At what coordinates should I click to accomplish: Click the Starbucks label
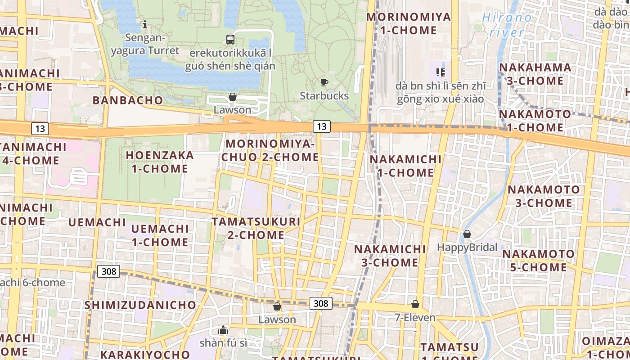[324, 96]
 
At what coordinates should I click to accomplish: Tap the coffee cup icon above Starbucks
[324, 82]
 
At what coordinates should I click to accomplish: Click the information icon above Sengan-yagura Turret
[145, 24]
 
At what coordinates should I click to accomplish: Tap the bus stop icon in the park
[230, 39]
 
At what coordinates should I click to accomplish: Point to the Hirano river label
[507, 25]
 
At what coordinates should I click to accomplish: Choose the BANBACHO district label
[127, 100]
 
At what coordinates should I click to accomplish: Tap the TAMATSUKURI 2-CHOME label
[256, 228]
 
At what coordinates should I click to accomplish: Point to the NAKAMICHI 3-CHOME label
[390, 256]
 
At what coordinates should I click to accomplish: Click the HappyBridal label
[467, 247]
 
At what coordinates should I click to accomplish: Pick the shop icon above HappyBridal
[467, 234]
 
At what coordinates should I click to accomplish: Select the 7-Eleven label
[415, 318]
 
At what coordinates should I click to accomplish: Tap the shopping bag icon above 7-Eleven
[415, 305]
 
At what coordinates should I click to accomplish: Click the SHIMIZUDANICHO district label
[140, 305]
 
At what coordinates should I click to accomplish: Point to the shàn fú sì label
[223, 343]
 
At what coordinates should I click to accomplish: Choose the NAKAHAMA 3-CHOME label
[535, 74]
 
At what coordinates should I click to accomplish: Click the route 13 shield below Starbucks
[321, 126]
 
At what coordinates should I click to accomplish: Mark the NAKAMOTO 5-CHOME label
[538, 261]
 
